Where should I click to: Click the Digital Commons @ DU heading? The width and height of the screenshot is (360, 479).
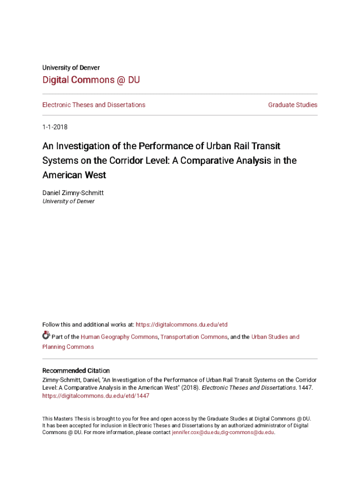click(91, 80)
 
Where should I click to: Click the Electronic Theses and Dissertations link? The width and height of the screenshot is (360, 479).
click(94, 105)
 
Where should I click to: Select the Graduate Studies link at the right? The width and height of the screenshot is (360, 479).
click(293, 105)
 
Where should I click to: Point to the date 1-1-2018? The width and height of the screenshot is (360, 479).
click(55, 127)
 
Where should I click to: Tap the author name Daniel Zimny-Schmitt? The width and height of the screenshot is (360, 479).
click(72, 192)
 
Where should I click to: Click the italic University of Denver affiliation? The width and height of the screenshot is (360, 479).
click(68, 201)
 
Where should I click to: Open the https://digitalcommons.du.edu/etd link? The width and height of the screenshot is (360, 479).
click(181, 325)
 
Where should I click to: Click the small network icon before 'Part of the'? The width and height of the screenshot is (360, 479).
click(46, 335)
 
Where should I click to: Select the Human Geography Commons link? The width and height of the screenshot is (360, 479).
click(119, 337)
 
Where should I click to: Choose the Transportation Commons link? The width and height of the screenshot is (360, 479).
click(194, 337)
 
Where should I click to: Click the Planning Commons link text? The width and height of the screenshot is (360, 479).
click(68, 347)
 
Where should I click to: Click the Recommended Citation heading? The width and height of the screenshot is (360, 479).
click(76, 370)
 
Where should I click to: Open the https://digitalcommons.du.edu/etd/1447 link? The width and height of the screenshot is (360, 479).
click(95, 396)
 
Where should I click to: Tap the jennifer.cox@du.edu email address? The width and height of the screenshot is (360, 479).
click(195, 433)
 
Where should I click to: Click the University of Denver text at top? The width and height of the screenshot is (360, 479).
click(71, 67)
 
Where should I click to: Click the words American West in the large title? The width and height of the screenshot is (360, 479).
click(74, 175)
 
